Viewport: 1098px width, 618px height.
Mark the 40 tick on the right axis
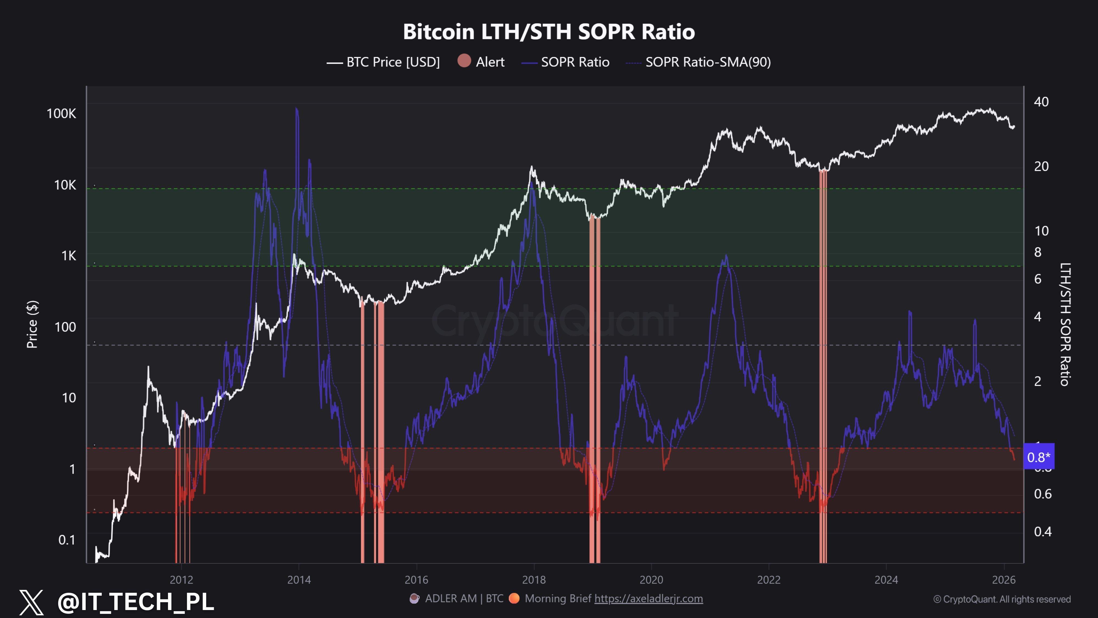coord(1041,102)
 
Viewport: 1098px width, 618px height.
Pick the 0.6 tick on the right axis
coord(1043,494)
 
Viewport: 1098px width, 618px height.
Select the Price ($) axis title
coord(32,324)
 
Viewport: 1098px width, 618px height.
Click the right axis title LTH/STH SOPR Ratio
coord(1065,324)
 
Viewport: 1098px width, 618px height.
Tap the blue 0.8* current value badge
coord(1039,457)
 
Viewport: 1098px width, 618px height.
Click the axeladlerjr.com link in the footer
coord(648,599)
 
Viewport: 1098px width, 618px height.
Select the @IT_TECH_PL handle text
coord(136,601)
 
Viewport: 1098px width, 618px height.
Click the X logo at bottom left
coord(32,602)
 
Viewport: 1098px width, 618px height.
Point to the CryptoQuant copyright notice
coord(1002,599)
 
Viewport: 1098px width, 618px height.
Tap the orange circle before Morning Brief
coord(514,598)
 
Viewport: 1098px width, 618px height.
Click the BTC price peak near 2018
coord(531,167)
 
